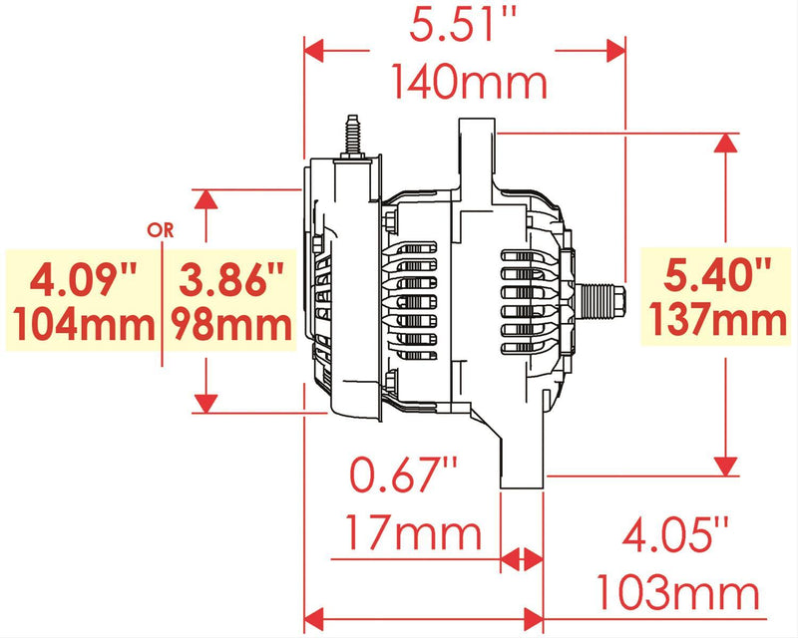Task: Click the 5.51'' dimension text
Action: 464,24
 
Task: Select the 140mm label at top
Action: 469,82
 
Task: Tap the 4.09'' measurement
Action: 83,281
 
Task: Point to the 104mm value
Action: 83,324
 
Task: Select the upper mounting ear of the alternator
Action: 475,150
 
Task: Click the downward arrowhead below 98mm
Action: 205,402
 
